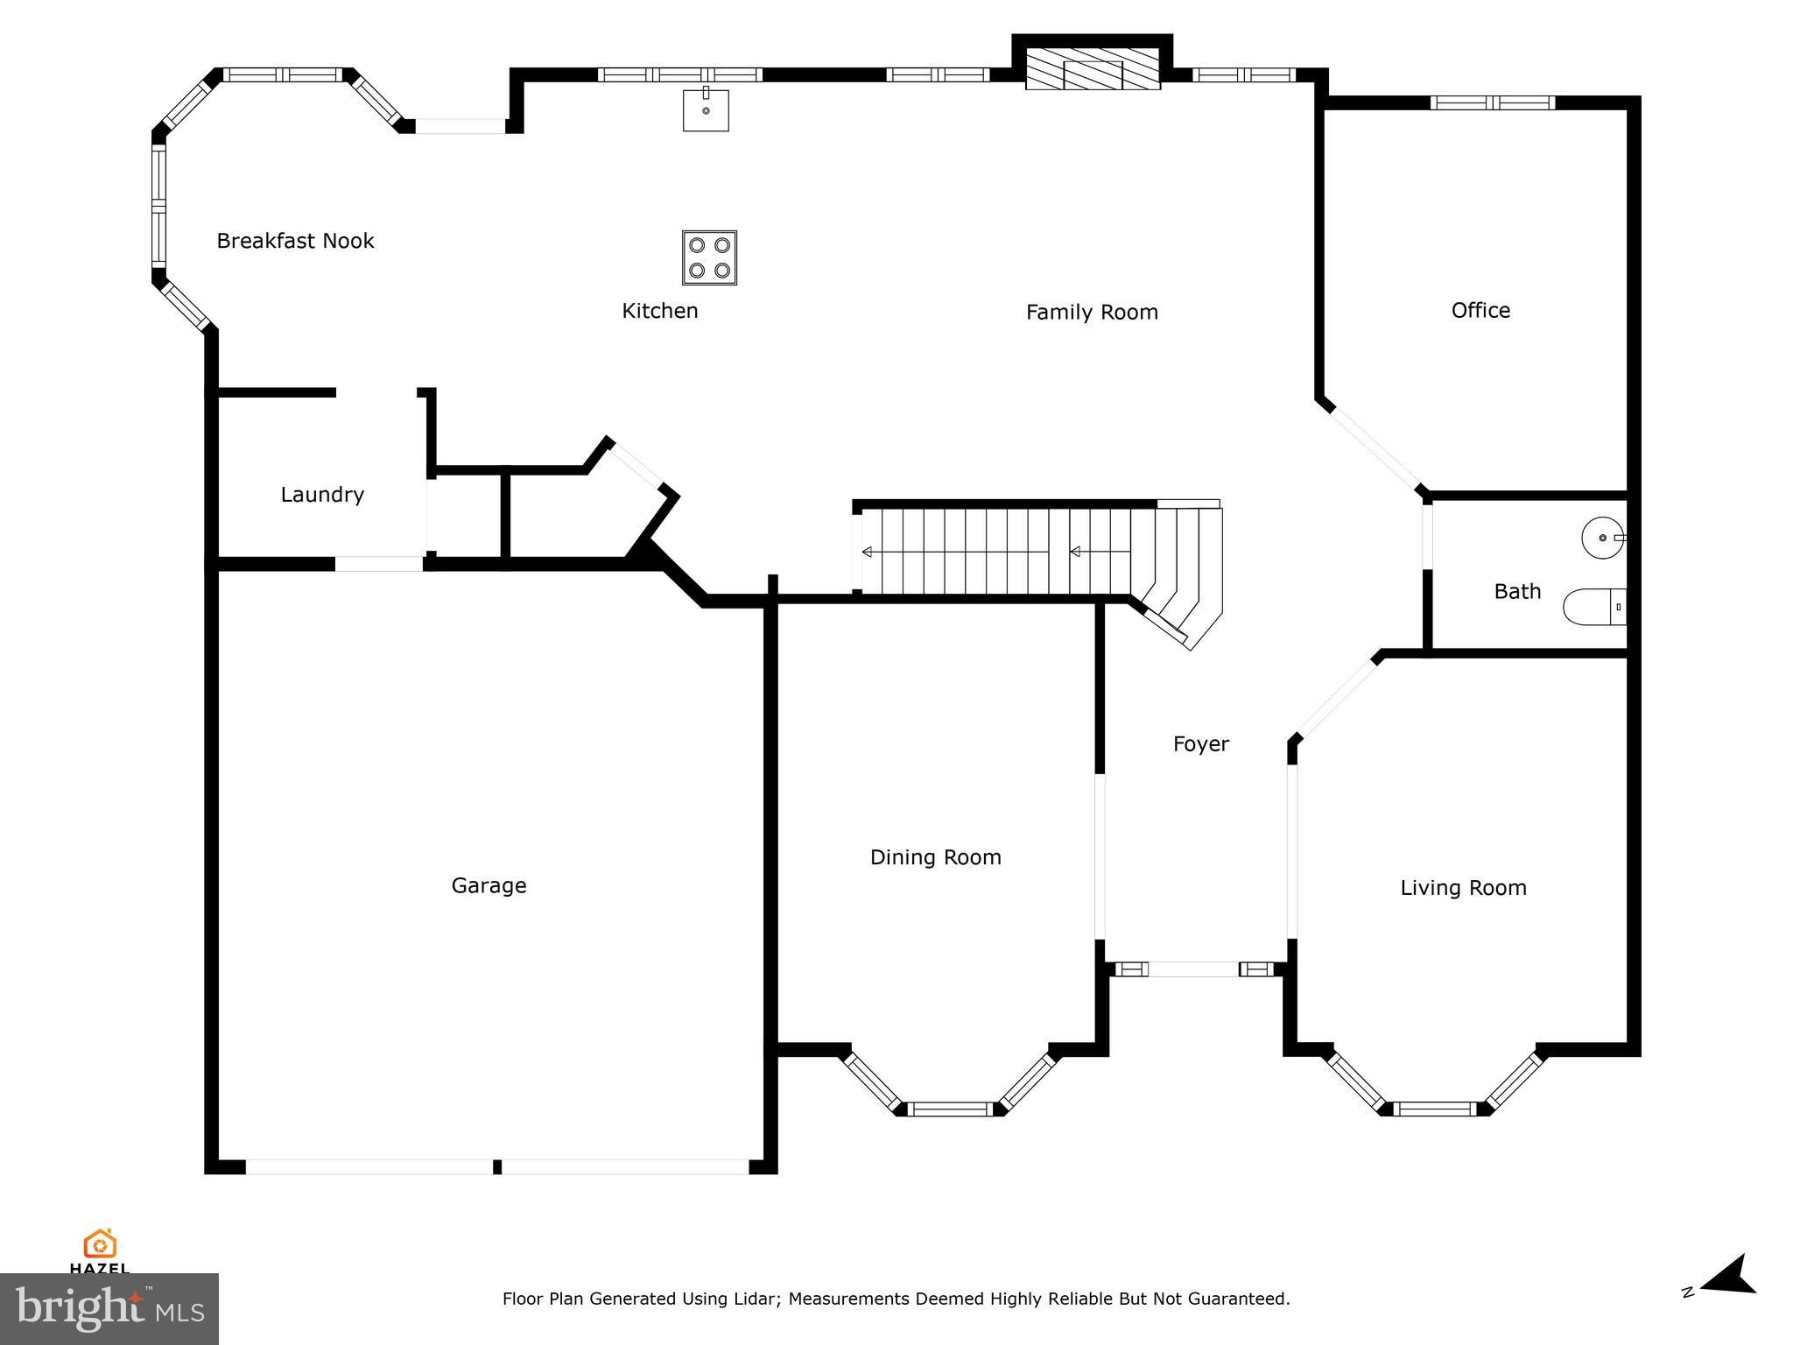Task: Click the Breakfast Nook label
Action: (295, 241)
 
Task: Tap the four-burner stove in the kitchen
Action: (709, 257)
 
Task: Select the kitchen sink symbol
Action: (706, 109)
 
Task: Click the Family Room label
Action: (1092, 313)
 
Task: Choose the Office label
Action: (1480, 310)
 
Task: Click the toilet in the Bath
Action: (1594, 607)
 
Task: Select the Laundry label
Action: (322, 496)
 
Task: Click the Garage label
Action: (489, 886)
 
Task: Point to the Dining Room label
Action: (935, 858)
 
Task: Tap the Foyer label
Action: (1201, 744)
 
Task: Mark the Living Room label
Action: (1463, 888)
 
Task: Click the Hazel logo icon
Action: (100, 1244)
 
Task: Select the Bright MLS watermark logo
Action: (109, 1309)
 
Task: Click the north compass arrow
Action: (1728, 1299)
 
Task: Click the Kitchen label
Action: (660, 311)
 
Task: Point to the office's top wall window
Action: (1493, 102)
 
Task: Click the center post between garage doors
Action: (497, 1166)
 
